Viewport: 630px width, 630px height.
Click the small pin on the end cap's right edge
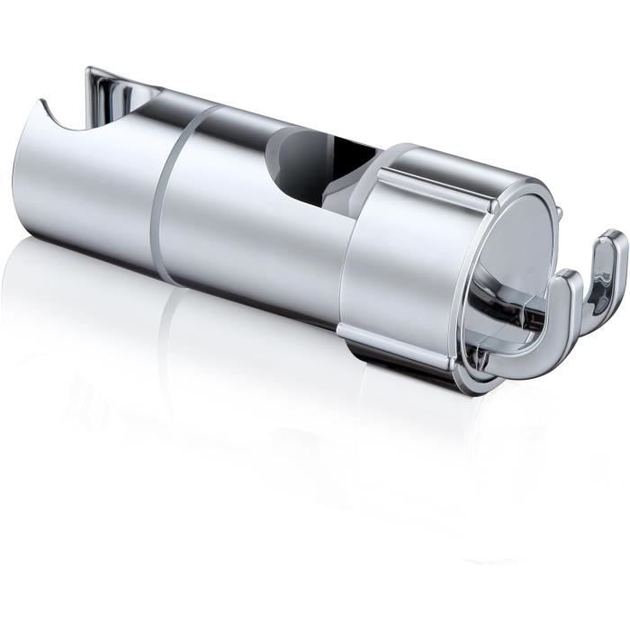[558, 213]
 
